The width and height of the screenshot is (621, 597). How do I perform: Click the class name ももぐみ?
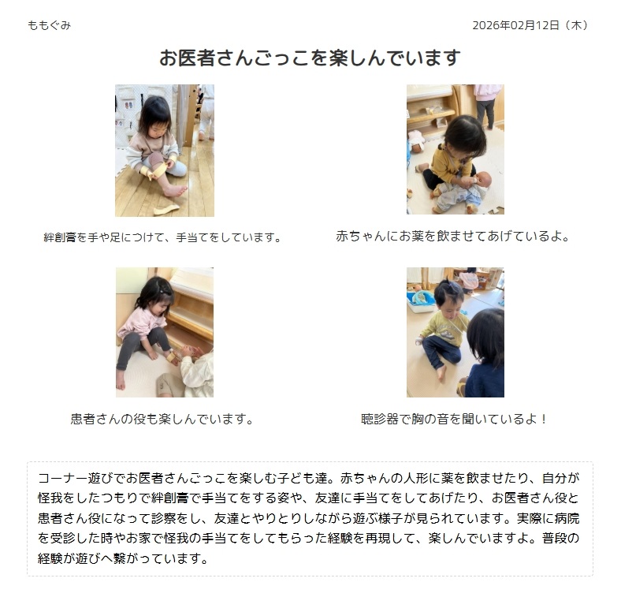(x=49, y=25)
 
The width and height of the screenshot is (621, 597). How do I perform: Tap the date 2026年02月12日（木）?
(x=530, y=25)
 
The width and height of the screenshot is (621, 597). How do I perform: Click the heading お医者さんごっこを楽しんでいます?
(x=310, y=58)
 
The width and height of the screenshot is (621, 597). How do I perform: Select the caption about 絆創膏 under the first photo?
(x=163, y=237)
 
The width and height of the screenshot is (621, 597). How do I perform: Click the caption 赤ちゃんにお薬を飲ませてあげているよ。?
(x=453, y=237)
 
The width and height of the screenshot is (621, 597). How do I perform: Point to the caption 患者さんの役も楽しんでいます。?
(x=162, y=419)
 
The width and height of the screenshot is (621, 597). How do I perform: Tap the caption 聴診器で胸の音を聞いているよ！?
(x=454, y=419)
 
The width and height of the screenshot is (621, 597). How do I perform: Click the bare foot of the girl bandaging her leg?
(x=175, y=191)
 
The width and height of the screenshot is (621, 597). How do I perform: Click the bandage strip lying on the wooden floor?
(x=166, y=209)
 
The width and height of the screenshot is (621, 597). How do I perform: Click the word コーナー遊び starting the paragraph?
(x=75, y=478)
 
